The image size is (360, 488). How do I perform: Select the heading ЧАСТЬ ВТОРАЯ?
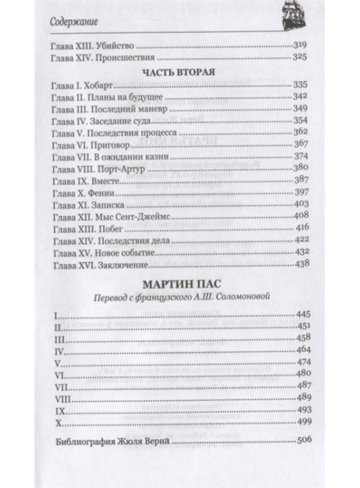click(179, 74)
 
